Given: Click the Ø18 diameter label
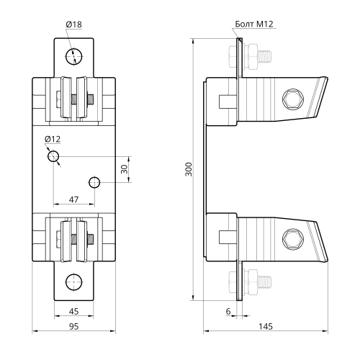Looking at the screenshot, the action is coord(73,24).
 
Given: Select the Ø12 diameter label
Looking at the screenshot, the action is coord(53,139).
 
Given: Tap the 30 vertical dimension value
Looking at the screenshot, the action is coord(125,169).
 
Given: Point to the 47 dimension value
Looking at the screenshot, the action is coord(73,199).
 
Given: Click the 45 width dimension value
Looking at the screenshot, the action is coord(73,311).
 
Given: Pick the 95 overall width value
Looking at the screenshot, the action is coord(73,326).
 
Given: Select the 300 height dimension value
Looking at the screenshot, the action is coord(189,169).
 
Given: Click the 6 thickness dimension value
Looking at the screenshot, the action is coord(228,311).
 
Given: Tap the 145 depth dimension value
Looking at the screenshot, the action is coord(266,326).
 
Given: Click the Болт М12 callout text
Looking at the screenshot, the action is coord(254,24).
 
